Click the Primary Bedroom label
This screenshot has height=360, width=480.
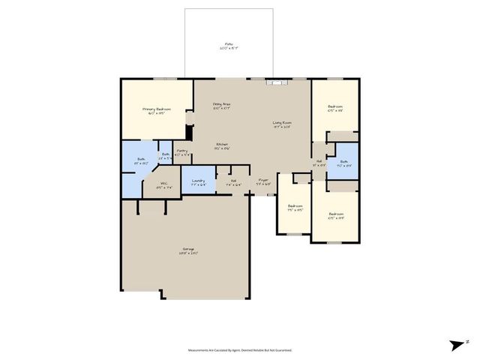coord(157,109)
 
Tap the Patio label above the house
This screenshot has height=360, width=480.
coord(229,45)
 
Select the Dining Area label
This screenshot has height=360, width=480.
coord(221,104)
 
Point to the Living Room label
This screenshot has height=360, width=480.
coord(281,123)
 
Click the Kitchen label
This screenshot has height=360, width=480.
coord(222,145)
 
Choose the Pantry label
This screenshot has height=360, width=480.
coord(182,151)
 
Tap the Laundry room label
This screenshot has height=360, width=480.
coord(199,181)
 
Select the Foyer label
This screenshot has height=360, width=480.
coord(263,181)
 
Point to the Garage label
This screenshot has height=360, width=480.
coord(187,250)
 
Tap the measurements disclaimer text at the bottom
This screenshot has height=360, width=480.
coord(240,349)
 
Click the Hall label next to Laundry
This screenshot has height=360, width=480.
coord(233,181)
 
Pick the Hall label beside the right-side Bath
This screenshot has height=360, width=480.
coord(319,162)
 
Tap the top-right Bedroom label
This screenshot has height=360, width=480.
coord(335,107)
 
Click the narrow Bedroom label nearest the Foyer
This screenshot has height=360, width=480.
coord(295,207)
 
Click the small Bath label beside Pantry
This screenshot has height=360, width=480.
coord(165,155)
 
